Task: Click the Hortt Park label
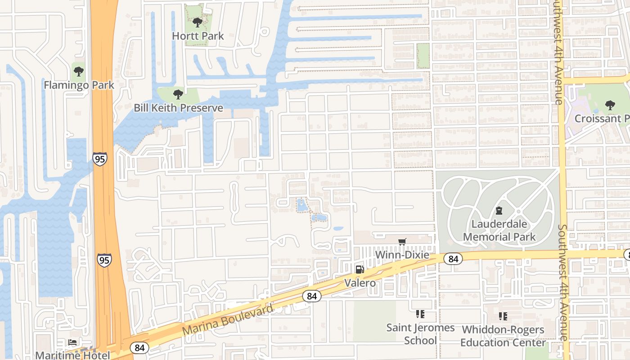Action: coord(198,36)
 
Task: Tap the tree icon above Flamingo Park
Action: coord(79,71)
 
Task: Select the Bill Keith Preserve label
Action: coord(178,108)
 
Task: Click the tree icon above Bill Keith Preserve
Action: coord(178,94)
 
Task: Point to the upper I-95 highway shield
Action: coord(100,159)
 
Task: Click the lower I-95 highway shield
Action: coord(104,260)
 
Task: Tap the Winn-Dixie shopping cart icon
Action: coord(402,242)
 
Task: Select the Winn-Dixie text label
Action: coord(402,255)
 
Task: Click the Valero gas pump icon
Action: coord(360,270)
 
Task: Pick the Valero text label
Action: coord(360,283)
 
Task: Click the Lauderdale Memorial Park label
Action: coord(499,230)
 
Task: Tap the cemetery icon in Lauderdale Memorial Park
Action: coord(499,210)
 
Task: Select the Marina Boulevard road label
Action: coord(228,320)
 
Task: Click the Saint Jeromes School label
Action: coord(420,334)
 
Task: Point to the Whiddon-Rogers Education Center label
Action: coord(503,336)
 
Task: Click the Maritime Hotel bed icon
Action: coord(72,342)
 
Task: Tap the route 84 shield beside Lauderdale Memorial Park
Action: coord(453,259)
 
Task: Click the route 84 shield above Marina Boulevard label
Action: coord(311,296)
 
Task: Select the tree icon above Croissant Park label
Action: coord(610,105)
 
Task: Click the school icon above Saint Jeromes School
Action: coord(420,314)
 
